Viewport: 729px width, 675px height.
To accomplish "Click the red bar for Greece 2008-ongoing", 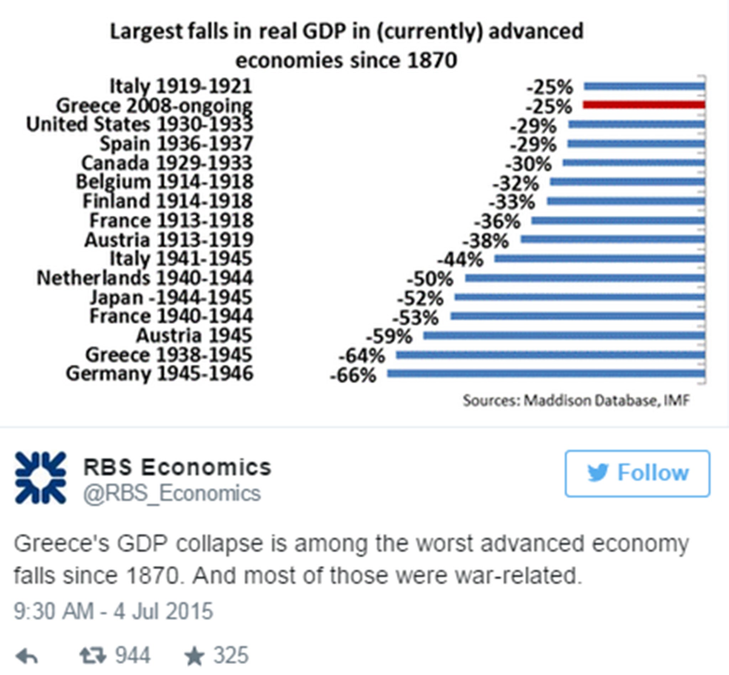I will click(644, 105).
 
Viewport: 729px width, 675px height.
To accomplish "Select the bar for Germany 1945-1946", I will click(546, 373).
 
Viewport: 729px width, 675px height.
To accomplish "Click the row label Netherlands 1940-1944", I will click(145, 278).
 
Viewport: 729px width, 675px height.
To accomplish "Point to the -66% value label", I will click(353, 376).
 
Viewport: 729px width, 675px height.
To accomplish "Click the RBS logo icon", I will click(41, 478).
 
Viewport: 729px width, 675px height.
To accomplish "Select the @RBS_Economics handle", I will click(172, 493).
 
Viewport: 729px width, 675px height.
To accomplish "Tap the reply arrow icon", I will click(27, 656).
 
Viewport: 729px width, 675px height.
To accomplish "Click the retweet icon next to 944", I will click(93, 655).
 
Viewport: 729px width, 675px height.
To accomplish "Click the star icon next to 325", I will click(194, 656).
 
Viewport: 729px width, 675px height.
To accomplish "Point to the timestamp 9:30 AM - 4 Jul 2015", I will click(113, 611).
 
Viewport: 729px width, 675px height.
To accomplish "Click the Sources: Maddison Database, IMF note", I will click(576, 401).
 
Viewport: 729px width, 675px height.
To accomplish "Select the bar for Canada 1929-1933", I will click(634, 163).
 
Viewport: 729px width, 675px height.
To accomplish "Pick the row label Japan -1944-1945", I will click(171, 297).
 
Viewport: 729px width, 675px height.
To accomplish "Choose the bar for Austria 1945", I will click(564, 335).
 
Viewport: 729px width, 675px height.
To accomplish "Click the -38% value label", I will click(486, 241).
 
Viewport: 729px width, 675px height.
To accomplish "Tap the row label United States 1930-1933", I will click(140, 124).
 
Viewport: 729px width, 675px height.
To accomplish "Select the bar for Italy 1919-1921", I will click(645, 86).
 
